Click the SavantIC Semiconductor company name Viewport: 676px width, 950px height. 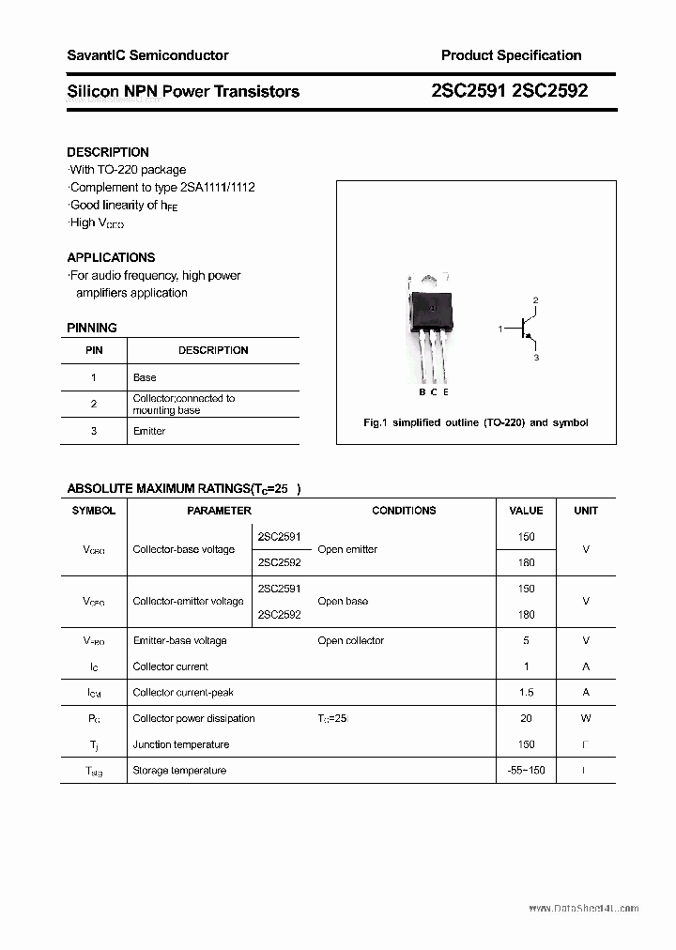147,55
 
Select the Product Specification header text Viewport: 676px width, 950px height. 511,55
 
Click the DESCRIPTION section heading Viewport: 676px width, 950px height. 108,152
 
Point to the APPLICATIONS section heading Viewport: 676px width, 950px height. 111,257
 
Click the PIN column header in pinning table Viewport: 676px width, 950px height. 94,350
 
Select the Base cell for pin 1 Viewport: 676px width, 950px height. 145,377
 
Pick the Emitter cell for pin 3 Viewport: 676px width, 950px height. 149,431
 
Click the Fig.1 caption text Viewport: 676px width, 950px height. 475,422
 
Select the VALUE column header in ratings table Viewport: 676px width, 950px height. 526,511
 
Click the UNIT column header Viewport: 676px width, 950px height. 586,511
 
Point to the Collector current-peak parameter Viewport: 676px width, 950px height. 183,693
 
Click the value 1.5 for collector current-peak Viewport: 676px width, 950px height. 526,693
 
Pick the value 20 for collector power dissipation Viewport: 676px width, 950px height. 526,718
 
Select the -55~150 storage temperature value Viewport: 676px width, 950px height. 526,771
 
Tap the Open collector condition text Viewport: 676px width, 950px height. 350,640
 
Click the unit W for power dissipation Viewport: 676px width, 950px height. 586,718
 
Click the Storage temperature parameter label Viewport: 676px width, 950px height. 179,771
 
